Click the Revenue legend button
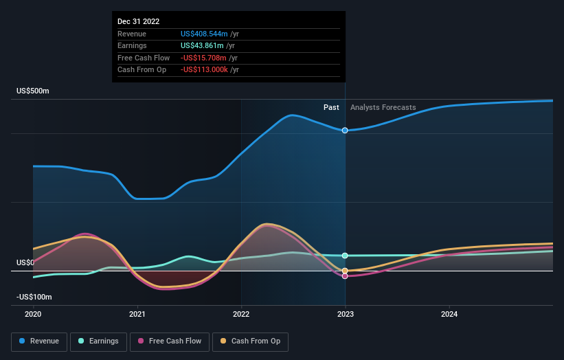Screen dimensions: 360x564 [x=40, y=341]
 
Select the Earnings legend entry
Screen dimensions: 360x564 [x=98, y=341]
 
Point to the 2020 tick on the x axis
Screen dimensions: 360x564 [x=33, y=314]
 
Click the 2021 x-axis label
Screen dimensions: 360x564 [x=137, y=314]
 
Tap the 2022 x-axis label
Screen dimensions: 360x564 [x=241, y=314]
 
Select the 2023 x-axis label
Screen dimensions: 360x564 [x=345, y=314]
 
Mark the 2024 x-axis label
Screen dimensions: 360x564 [x=449, y=314]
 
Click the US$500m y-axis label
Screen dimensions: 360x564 [x=33, y=91]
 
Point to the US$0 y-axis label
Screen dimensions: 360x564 [x=25, y=263]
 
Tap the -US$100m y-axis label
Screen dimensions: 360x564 [x=34, y=297]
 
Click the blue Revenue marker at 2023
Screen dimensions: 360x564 [x=345, y=130]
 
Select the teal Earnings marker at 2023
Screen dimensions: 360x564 [x=345, y=256]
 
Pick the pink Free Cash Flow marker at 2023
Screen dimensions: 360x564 [x=345, y=275]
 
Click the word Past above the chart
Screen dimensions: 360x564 [x=331, y=108]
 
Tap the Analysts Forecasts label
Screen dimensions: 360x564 [x=383, y=108]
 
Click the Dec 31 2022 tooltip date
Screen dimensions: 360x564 [x=138, y=21]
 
